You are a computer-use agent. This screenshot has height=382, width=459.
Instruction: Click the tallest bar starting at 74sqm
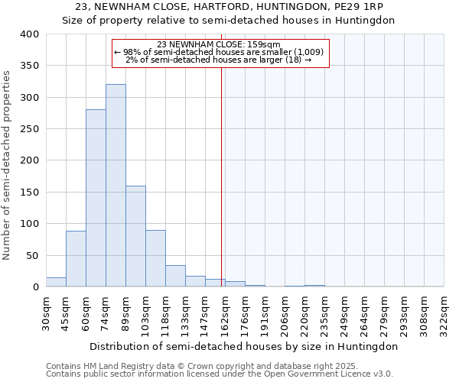[116, 186]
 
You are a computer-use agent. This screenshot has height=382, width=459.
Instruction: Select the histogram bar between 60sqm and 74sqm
[96, 199]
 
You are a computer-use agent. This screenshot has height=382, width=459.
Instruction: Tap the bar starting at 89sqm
[135, 236]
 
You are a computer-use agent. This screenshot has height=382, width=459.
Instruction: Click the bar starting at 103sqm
[155, 258]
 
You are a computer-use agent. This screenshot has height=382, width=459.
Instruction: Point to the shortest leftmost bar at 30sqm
[56, 282]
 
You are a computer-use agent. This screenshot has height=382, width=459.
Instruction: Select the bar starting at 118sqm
[175, 276]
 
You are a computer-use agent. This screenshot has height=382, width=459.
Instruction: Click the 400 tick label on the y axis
[29, 34]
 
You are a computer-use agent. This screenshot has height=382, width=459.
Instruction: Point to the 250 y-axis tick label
[29, 129]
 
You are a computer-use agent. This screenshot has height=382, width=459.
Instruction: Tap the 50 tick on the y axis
[32, 255]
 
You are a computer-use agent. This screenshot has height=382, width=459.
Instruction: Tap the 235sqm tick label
[324, 312]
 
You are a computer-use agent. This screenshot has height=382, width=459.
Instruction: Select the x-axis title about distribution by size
[244, 346]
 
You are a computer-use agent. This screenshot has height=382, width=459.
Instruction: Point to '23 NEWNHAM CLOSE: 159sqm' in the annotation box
[219, 44]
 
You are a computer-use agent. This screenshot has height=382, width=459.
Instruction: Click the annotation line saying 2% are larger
[219, 60]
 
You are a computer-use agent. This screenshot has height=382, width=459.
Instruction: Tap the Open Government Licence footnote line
[220, 374]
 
